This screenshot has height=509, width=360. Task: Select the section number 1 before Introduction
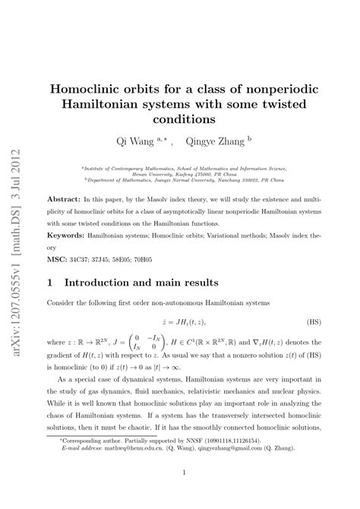(x=50, y=283)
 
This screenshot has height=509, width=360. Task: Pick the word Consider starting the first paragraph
(x=66, y=302)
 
